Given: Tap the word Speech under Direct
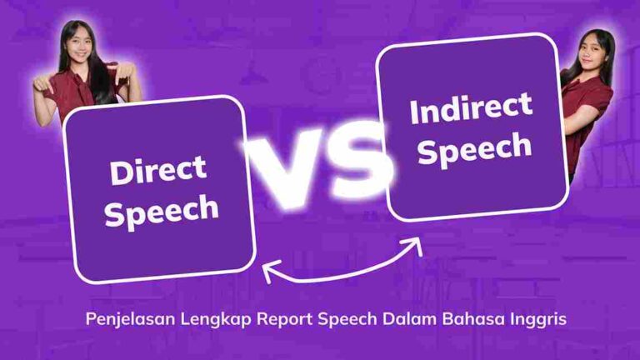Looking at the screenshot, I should (x=162, y=210).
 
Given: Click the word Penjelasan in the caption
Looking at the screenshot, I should (x=129, y=320).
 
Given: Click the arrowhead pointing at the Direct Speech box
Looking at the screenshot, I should (x=267, y=268).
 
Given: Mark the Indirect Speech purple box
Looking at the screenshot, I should (x=472, y=127).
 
